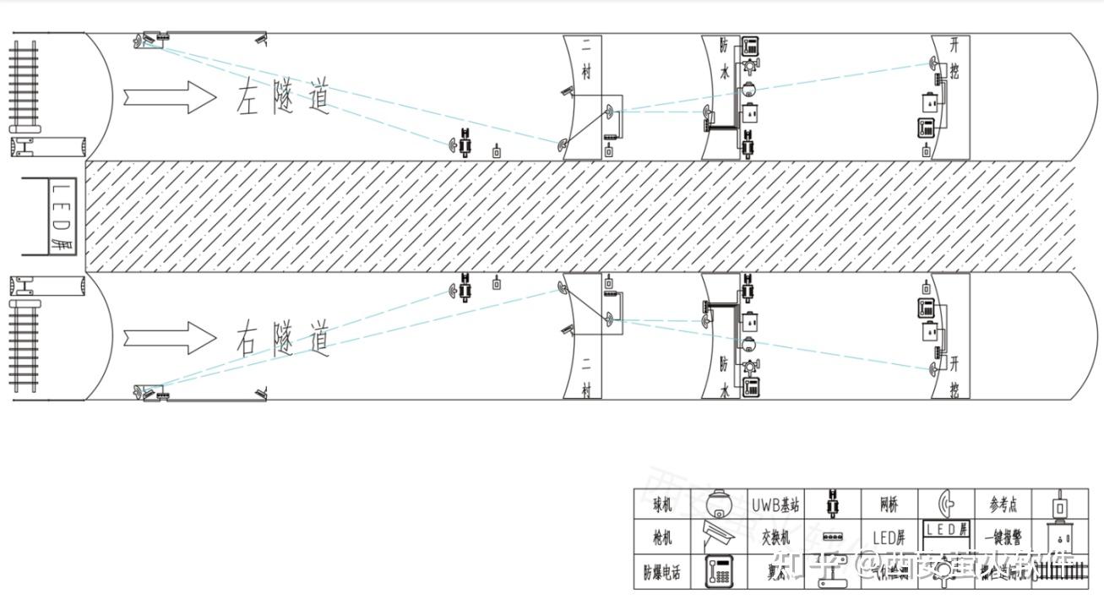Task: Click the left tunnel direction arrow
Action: pyautogui.click(x=169, y=97)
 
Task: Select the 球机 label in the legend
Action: pyautogui.click(x=662, y=506)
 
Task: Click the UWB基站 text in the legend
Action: pyautogui.click(x=775, y=506)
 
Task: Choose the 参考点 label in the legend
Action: pyautogui.click(x=1003, y=505)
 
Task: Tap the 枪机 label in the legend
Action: pyautogui.click(x=662, y=537)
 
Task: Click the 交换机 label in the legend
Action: pyautogui.click(x=775, y=537)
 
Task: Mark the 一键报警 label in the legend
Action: pyautogui.click(x=1003, y=537)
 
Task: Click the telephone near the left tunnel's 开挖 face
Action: pyautogui.click(x=926, y=128)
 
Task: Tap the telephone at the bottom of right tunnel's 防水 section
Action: pyautogui.click(x=750, y=388)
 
